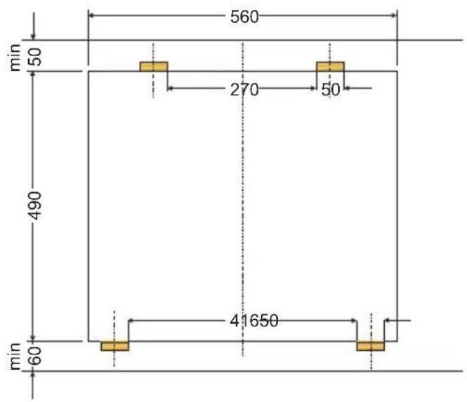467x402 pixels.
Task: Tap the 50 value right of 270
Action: [330, 89]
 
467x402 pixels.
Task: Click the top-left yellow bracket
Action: [154, 67]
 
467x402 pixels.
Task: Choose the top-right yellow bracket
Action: [330, 67]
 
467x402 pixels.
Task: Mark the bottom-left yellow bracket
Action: [114, 346]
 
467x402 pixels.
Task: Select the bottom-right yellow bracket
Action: [370, 346]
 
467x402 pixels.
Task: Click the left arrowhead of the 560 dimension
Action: [92, 15]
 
